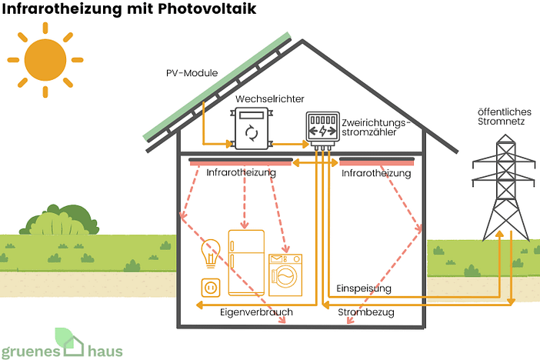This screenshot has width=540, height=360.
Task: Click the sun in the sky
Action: (x=45, y=59)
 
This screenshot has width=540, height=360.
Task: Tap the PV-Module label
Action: (x=192, y=73)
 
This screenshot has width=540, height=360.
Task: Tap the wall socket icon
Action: (x=210, y=288)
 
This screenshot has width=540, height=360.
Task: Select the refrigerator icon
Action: (x=245, y=264)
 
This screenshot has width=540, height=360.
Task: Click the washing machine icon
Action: (x=285, y=276)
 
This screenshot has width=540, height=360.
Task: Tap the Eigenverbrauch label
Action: (x=256, y=313)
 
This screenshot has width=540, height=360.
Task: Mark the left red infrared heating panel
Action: (x=240, y=162)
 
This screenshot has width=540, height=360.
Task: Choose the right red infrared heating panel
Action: (x=376, y=162)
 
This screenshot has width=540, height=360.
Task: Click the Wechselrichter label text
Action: (x=269, y=99)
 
